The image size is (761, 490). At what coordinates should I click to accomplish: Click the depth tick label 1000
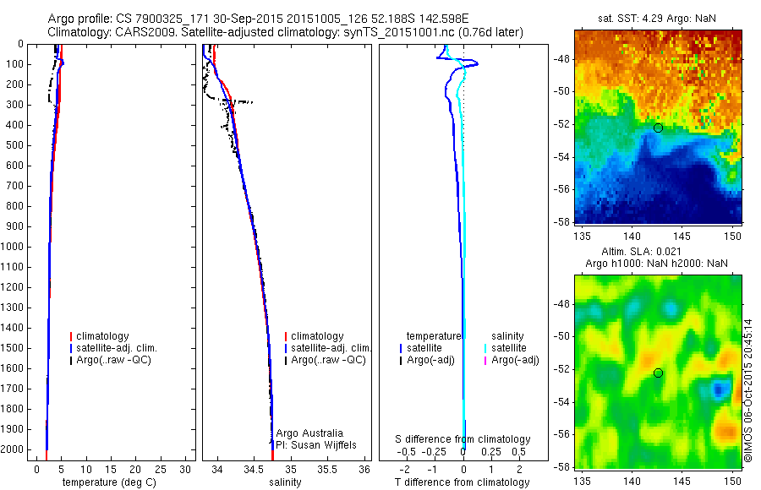13,247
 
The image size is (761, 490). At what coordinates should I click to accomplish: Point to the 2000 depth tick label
13,449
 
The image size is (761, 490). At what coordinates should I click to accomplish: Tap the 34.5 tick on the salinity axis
255,468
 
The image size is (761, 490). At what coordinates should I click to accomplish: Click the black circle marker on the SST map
658,128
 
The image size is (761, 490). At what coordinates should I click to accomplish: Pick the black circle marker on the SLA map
658,373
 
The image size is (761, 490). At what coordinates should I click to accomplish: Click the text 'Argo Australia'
310,433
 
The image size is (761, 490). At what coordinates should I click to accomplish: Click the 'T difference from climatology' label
463,482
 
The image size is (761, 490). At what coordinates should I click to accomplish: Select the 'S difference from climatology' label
463,439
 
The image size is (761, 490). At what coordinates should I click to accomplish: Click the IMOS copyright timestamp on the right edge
748,389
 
